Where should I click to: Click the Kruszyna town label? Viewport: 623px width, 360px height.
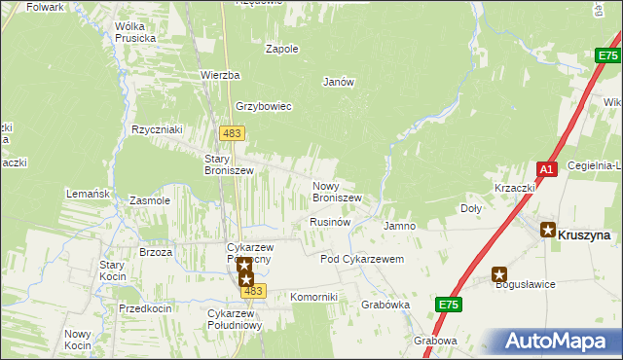pos(584,234)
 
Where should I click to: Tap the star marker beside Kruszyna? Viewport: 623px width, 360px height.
pos(548,231)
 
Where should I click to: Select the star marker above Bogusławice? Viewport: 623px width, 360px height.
pos(500,274)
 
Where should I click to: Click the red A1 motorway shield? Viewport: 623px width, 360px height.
pos(547,168)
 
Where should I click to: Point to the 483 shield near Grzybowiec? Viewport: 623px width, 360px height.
pos(232,132)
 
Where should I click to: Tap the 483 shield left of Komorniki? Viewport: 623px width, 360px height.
pos(253,291)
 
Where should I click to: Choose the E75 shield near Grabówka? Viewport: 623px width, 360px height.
pos(448,305)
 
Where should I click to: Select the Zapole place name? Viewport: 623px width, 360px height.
pos(281,48)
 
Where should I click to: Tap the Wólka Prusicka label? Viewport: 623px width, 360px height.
pos(135,32)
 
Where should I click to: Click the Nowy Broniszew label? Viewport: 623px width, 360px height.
pos(337,192)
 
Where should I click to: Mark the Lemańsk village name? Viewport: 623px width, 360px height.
pos(87,194)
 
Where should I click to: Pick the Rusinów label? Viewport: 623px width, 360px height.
pos(329,222)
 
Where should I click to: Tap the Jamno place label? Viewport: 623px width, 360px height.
pos(399,226)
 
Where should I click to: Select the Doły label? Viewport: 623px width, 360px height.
pos(470,208)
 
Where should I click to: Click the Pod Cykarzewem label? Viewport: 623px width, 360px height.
pos(362,259)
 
